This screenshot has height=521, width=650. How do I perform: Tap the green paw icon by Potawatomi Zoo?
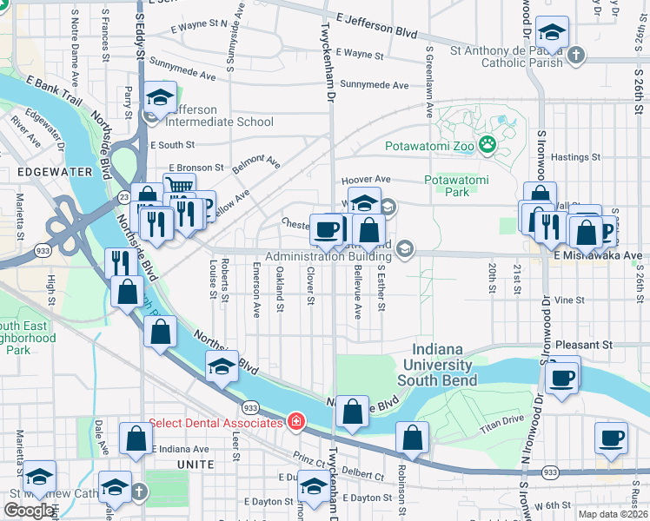(487, 146)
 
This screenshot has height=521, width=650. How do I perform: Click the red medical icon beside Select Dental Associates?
(296, 423)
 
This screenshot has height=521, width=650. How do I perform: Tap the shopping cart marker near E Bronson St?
(178, 187)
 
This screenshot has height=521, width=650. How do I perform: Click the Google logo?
(29, 511)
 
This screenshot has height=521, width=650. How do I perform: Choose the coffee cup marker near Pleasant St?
(562, 378)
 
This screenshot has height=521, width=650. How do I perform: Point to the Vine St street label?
(569, 300)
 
